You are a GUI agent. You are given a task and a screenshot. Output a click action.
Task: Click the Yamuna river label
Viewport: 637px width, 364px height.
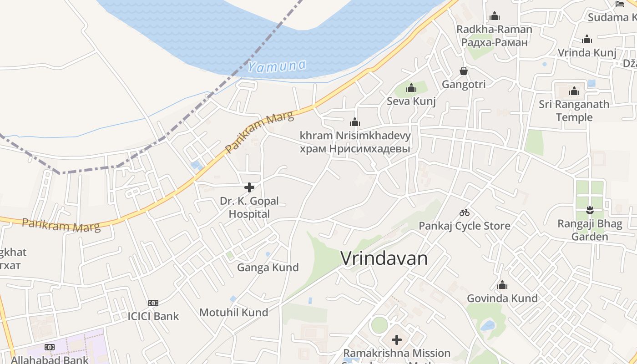click(277, 66)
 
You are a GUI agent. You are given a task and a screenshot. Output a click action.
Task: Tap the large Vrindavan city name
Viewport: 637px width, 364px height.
click(384, 258)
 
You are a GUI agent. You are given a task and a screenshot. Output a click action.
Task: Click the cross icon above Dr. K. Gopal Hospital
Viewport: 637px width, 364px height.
click(249, 187)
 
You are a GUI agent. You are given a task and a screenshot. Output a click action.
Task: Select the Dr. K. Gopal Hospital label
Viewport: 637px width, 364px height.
click(249, 207)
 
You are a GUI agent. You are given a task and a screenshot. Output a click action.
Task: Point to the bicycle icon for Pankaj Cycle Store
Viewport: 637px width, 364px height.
click(464, 212)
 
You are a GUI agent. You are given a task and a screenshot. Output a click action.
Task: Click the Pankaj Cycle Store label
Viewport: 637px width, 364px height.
click(464, 226)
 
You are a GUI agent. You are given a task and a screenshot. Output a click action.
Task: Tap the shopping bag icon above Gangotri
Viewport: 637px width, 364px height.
click(463, 71)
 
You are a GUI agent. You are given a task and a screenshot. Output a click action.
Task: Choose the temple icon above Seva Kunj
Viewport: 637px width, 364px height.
click(411, 88)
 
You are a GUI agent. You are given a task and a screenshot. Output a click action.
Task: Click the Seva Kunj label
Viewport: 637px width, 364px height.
click(411, 101)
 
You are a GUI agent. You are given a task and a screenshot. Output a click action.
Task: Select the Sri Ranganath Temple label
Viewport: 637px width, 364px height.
click(574, 111)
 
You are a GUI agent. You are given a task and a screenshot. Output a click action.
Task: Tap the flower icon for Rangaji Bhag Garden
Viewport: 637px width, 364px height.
click(590, 210)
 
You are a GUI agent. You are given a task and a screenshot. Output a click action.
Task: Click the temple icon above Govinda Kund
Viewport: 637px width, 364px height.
click(502, 285)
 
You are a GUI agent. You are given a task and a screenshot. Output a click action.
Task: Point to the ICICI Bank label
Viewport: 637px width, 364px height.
click(153, 316)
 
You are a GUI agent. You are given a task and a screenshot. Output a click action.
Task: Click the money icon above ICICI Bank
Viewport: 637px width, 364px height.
click(153, 303)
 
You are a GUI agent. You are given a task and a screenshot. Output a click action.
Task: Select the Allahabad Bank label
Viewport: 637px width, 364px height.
click(50, 359)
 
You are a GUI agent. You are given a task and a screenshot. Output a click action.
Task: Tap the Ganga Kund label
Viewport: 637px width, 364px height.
click(268, 268)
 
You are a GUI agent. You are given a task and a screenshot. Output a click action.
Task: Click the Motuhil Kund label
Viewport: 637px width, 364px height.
click(233, 313)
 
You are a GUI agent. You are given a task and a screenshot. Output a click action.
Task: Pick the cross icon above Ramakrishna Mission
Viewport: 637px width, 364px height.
click(397, 340)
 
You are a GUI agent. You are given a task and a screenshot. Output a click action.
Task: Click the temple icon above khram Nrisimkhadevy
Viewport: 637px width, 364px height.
click(355, 122)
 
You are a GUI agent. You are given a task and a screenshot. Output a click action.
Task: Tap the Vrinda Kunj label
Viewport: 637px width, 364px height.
click(587, 52)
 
